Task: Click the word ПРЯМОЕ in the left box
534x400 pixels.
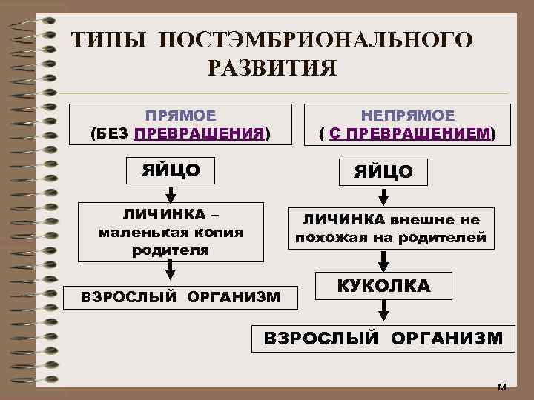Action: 180,116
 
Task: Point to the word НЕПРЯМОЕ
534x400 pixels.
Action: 408,116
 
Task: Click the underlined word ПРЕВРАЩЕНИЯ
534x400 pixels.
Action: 200,134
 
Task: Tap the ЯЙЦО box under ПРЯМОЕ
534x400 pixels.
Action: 171,170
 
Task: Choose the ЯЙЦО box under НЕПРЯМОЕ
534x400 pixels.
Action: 383,173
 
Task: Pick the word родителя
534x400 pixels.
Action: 171,250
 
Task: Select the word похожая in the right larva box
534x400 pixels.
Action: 324,238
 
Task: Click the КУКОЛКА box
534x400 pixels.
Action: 383,286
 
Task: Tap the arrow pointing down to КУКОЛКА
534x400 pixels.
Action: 383,261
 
